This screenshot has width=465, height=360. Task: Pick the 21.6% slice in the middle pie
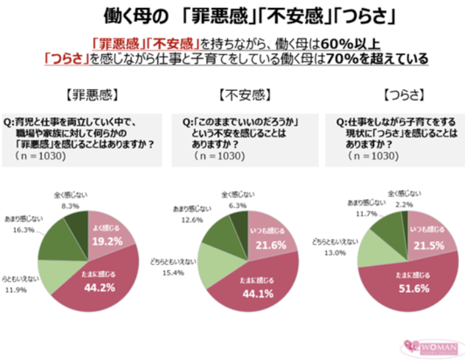[263, 245]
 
